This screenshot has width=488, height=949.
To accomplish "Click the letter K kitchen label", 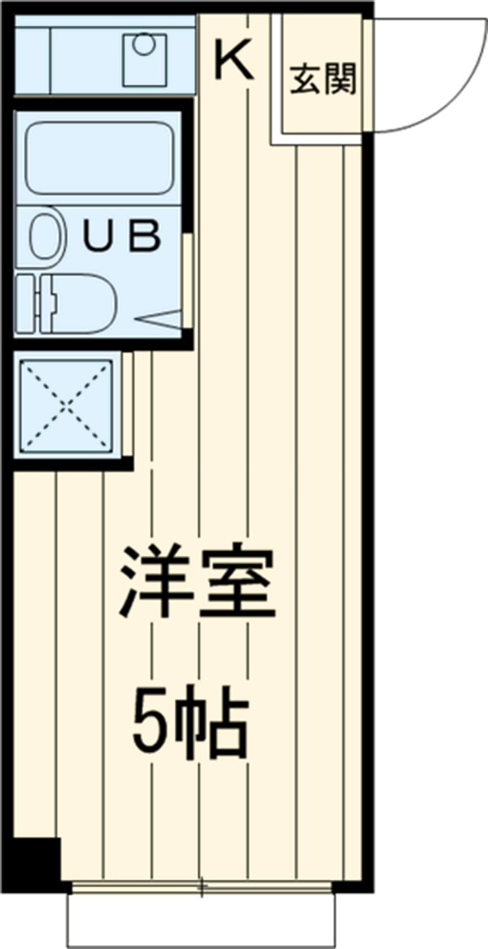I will pos(234,60).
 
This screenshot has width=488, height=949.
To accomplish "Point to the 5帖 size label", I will pos(189,721).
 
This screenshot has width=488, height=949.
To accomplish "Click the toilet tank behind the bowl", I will pos(25,303).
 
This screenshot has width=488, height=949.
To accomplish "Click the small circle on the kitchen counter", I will pos(144,46).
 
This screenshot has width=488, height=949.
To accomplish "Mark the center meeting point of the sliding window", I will pos(202,886).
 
